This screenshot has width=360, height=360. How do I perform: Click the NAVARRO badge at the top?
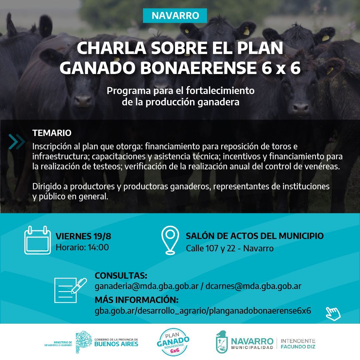175,16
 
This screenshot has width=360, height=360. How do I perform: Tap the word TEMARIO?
52,133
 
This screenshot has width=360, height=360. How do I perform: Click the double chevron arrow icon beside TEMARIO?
17,142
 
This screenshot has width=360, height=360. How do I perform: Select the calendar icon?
37,240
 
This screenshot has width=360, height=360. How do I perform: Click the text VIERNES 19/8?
83,236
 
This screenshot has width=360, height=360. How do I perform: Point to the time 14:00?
98,247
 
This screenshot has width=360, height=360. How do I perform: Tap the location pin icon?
170,240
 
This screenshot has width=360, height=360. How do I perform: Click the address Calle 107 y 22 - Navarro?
230,248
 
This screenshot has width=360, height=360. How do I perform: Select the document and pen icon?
70,290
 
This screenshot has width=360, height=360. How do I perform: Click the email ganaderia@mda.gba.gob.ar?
146,286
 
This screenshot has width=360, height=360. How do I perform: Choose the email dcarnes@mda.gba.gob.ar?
253,286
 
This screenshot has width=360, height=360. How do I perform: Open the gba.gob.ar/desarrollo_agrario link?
203,311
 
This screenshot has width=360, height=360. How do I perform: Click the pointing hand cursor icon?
333,314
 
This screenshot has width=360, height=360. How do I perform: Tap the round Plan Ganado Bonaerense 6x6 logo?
173,342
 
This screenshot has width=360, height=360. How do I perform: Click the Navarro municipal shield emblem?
222,342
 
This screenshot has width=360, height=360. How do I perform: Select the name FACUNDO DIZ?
298,347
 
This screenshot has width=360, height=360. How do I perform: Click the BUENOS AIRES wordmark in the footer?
116,344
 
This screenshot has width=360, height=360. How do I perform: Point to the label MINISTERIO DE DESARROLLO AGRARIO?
58,344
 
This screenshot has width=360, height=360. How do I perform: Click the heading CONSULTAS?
121,276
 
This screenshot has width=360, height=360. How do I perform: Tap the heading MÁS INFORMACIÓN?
137,300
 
